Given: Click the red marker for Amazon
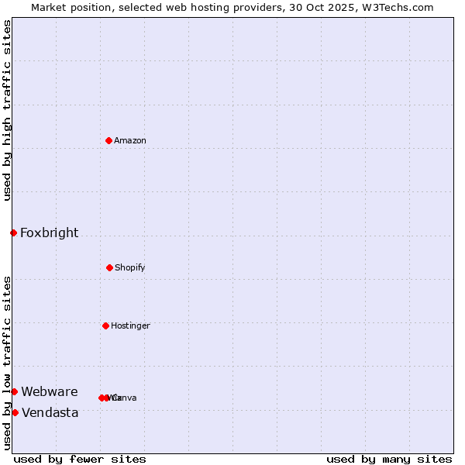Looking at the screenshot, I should (109, 140).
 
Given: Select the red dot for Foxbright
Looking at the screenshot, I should (13, 232).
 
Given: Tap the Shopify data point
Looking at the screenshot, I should (109, 267).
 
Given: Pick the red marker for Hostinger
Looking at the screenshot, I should (105, 325).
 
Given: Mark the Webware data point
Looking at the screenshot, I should (14, 391).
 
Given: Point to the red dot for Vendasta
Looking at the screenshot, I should (15, 412).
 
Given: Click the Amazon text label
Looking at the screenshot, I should (130, 140).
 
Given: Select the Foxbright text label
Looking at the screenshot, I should (49, 232).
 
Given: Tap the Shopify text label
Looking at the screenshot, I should (130, 267).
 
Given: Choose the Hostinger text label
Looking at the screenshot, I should (130, 325).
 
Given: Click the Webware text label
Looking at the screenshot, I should (50, 391).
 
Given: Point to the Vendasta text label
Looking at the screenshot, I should (50, 412).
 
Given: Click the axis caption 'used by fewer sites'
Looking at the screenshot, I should (80, 459).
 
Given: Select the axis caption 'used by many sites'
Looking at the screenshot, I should (389, 459).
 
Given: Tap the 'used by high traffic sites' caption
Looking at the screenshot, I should (7, 110).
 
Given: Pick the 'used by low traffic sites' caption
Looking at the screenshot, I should (7, 363).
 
